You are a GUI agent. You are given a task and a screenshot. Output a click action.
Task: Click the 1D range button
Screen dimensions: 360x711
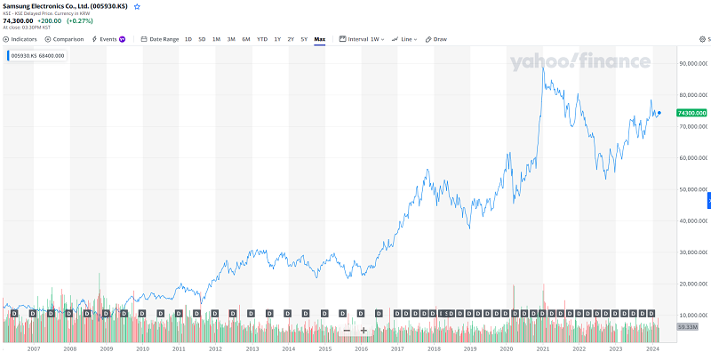click(x=188, y=39)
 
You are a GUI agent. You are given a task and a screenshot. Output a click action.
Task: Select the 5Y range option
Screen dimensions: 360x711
click(x=304, y=39)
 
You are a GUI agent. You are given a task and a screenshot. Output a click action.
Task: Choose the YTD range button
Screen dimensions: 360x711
click(x=262, y=39)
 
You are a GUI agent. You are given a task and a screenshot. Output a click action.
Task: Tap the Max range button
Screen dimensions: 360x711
click(x=320, y=39)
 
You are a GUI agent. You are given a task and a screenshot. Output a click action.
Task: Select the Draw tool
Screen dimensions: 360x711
click(x=436, y=39)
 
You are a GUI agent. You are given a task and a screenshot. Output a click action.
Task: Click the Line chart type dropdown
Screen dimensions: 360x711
click(x=406, y=39)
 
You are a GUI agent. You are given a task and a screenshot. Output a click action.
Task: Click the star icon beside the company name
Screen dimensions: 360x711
click(x=137, y=6)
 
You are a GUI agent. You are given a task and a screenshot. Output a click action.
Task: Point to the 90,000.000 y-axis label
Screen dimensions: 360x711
click(x=691, y=64)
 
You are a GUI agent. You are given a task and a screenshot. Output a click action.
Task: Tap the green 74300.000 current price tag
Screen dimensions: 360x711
click(x=691, y=114)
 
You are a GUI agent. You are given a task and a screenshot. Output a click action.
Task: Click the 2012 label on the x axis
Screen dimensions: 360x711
click(x=215, y=349)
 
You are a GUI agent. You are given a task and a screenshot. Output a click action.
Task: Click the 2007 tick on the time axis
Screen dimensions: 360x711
click(x=33, y=349)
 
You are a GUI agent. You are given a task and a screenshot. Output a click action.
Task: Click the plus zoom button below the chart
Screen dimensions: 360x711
click(x=363, y=331)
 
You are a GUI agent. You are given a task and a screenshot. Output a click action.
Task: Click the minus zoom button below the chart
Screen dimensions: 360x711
click(x=347, y=331)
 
